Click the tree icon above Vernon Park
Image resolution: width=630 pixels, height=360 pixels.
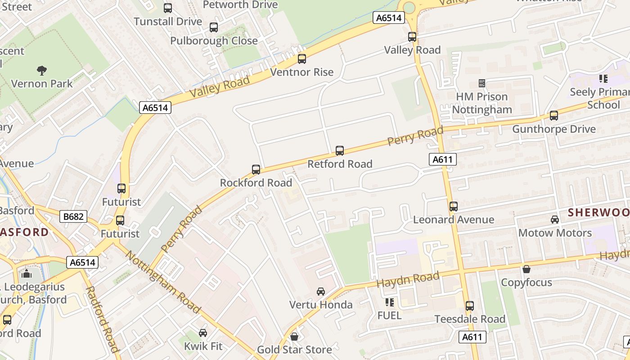click(42, 70)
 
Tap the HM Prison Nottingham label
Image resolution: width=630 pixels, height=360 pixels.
click(482, 103)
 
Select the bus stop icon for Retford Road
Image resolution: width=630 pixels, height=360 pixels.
click(340, 151)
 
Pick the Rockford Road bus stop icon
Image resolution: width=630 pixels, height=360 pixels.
click(256, 170)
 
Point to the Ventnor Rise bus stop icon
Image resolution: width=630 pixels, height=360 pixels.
click(302, 59)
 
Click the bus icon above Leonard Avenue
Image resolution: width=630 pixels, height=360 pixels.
click(454, 207)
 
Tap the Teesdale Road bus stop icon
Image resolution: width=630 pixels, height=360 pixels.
click(470, 306)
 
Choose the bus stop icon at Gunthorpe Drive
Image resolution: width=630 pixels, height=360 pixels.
click(554, 116)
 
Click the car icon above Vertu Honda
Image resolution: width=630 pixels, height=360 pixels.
click(321, 292)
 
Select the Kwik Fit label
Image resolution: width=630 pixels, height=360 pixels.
click(203, 346)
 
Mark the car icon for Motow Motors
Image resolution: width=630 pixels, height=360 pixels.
click(555, 220)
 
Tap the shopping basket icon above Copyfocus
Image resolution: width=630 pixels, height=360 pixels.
click(526, 269)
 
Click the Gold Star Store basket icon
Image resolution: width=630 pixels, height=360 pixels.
click(294, 337)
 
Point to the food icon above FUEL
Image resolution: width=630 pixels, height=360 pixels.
click(390, 302)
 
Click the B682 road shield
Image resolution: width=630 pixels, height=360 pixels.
click(73, 216)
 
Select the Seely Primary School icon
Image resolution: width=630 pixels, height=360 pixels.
click(603, 79)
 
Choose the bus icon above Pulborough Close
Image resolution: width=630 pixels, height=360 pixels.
click(214, 27)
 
